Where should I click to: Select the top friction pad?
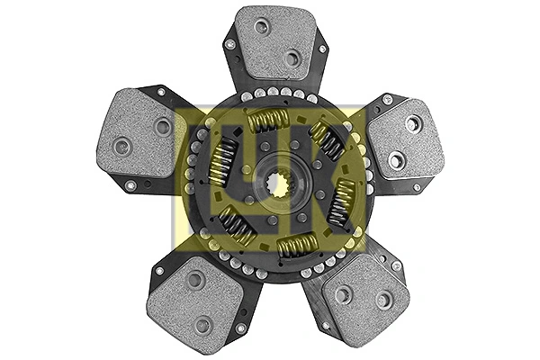(275, 45)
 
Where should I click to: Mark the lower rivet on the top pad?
(292, 58)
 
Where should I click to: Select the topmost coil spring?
(269, 120)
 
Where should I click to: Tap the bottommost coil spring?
(296, 246)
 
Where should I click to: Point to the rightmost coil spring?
(343, 202)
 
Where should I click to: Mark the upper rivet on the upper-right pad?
(413, 123)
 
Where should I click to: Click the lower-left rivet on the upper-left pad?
(122, 145)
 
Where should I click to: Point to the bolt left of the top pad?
(229, 43)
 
